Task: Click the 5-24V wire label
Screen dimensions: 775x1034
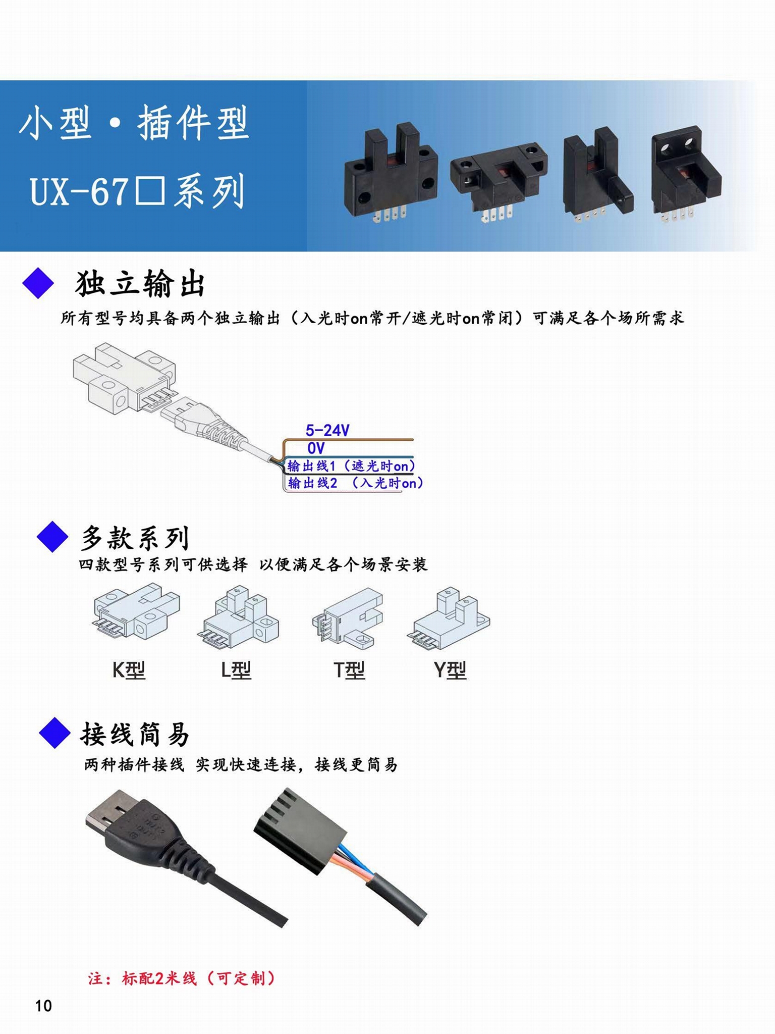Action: coord(327,430)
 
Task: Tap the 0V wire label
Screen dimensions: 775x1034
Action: coord(316,448)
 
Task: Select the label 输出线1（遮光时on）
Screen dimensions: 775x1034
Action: coord(351,466)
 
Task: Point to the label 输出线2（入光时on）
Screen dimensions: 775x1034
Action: coord(355,483)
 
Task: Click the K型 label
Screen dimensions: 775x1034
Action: coord(129,670)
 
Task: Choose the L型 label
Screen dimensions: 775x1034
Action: coord(236,670)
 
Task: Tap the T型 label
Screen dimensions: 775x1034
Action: coord(349,670)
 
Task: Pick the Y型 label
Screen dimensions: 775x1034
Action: coord(450,670)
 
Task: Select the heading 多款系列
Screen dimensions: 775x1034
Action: coord(135,537)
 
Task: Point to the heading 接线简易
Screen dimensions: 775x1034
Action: coord(135,734)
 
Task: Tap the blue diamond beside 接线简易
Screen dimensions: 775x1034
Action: coord(54,733)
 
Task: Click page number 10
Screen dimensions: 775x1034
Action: coord(43,1005)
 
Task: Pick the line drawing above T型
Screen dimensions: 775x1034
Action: coord(348,617)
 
